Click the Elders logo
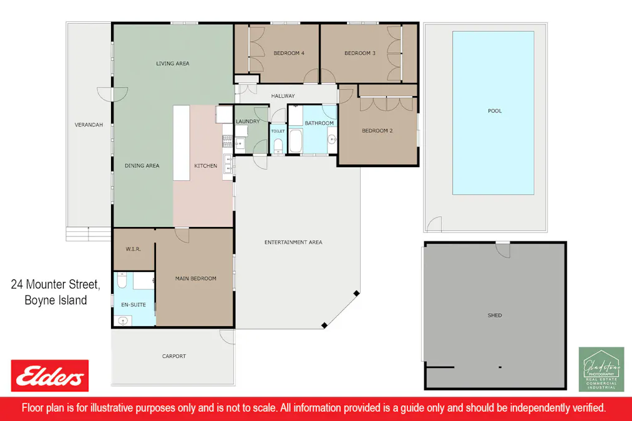click(49, 375)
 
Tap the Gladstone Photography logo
click(601, 369)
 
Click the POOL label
click(495, 111)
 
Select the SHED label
click(495, 315)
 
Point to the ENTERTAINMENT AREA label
click(293, 242)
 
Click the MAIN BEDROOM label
click(195, 278)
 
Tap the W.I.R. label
click(133, 249)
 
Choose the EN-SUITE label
click(134, 304)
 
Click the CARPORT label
click(173, 356)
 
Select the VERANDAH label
click(89, 125)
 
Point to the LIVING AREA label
click(173, 63)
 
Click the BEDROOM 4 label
click(289, 53)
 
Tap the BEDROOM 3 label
click(360, 53)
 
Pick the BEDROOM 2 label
click(377, 130)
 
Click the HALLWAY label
click(283, 96)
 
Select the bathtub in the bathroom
click(296, 141)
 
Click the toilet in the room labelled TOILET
click(278, 146)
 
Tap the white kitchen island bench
click(182, 143)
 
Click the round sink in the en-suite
click(124, 321)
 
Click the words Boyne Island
click(56, 301)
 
